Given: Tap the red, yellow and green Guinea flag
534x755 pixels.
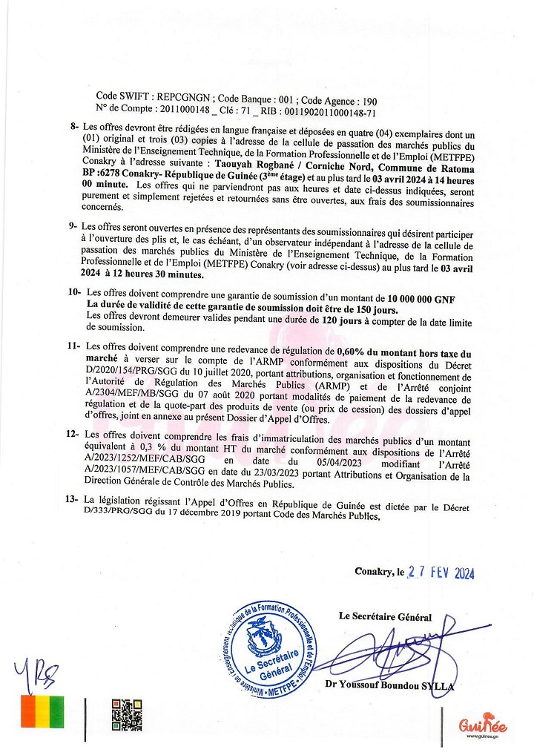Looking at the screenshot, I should [43, 712].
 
